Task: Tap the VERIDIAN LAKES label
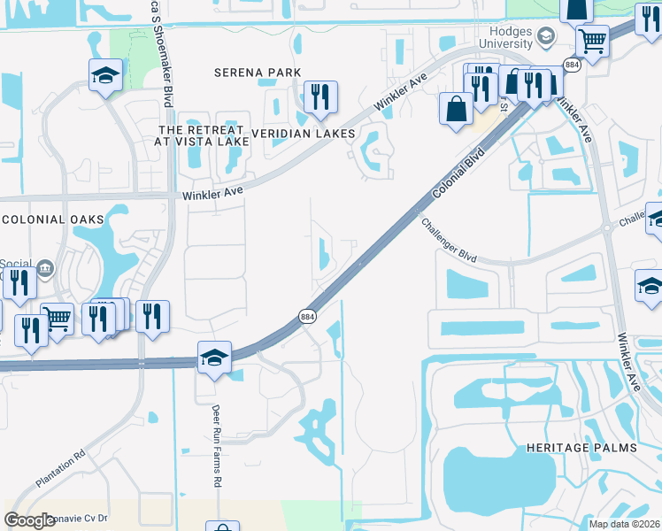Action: click(303, 134)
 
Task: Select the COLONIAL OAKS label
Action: click(52, 219)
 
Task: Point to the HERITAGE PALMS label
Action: click(581, 448)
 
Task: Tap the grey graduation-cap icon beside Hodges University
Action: click(545, 36)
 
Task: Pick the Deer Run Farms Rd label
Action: click(216, 446)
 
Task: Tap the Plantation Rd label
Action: click(61, 467)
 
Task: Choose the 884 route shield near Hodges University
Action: click(572, 65)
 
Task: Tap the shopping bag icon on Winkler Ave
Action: click(456, 110)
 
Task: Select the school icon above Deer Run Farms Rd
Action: click(214, 358)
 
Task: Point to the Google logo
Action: click(30, 520)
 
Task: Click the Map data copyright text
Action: click(624, 524)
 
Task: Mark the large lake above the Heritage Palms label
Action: click(482, 479)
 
